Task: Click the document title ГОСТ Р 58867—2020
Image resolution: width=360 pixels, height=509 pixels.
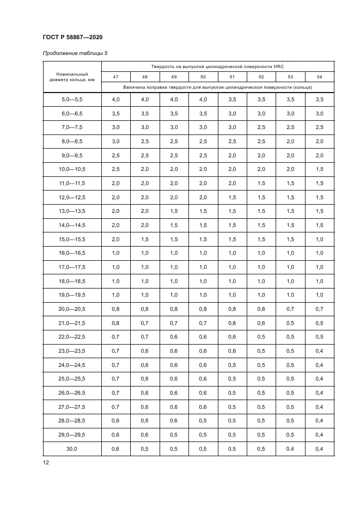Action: click(72, 36)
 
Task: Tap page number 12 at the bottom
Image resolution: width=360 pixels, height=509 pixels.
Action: click(45, 462)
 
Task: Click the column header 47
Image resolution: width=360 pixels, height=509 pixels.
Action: click(115, 77)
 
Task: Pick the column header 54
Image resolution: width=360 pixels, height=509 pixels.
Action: click(319, 77)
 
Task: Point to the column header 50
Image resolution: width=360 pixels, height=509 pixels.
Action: click(203, 77)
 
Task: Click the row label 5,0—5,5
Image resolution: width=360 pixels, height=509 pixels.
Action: click(72, 99)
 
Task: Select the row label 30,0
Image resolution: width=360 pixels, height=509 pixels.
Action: click(72, 448)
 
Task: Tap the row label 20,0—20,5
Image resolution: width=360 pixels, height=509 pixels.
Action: click(72, 309)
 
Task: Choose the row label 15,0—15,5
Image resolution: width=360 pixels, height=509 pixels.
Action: click(72, 239)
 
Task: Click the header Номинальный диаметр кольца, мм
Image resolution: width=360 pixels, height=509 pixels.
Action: click(72, 77)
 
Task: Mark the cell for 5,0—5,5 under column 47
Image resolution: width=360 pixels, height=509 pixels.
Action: click(115, 99)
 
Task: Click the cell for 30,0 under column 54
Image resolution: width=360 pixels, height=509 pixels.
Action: click(319, 448)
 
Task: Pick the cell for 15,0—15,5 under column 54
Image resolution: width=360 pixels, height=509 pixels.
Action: click(319, 239)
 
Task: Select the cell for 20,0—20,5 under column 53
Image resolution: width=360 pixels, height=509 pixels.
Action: click(290, 309)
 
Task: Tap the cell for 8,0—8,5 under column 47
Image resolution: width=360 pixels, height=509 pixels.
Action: click(115, 141)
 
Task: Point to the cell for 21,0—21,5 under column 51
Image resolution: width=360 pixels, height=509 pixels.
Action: click(232, 323)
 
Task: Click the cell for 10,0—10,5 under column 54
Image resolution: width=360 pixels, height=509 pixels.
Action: click(319, 169)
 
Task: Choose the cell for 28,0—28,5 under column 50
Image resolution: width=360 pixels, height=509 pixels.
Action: click(203, 420)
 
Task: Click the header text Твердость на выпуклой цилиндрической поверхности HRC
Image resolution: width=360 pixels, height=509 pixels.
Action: click(217, 66)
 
